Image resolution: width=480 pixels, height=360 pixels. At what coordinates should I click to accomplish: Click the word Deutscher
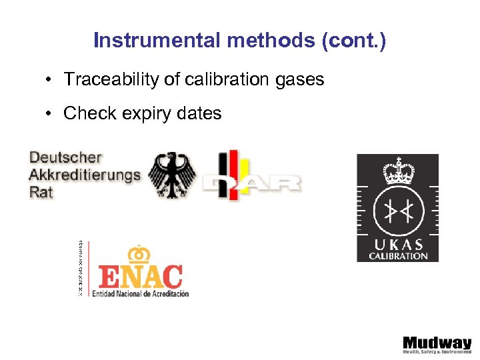[x=65, y=158]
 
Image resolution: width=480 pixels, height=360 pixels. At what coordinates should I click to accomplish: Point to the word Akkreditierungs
[x=85, y=175]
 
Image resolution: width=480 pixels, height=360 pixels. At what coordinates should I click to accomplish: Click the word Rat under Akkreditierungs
[x=41, y=192]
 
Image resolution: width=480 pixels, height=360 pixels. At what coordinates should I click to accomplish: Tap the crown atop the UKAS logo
[x=397, y=171]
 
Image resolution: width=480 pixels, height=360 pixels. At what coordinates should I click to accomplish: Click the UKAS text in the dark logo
[x=398, y=245]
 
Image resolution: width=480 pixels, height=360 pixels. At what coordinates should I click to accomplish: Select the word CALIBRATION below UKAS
[x=398, y=255]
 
